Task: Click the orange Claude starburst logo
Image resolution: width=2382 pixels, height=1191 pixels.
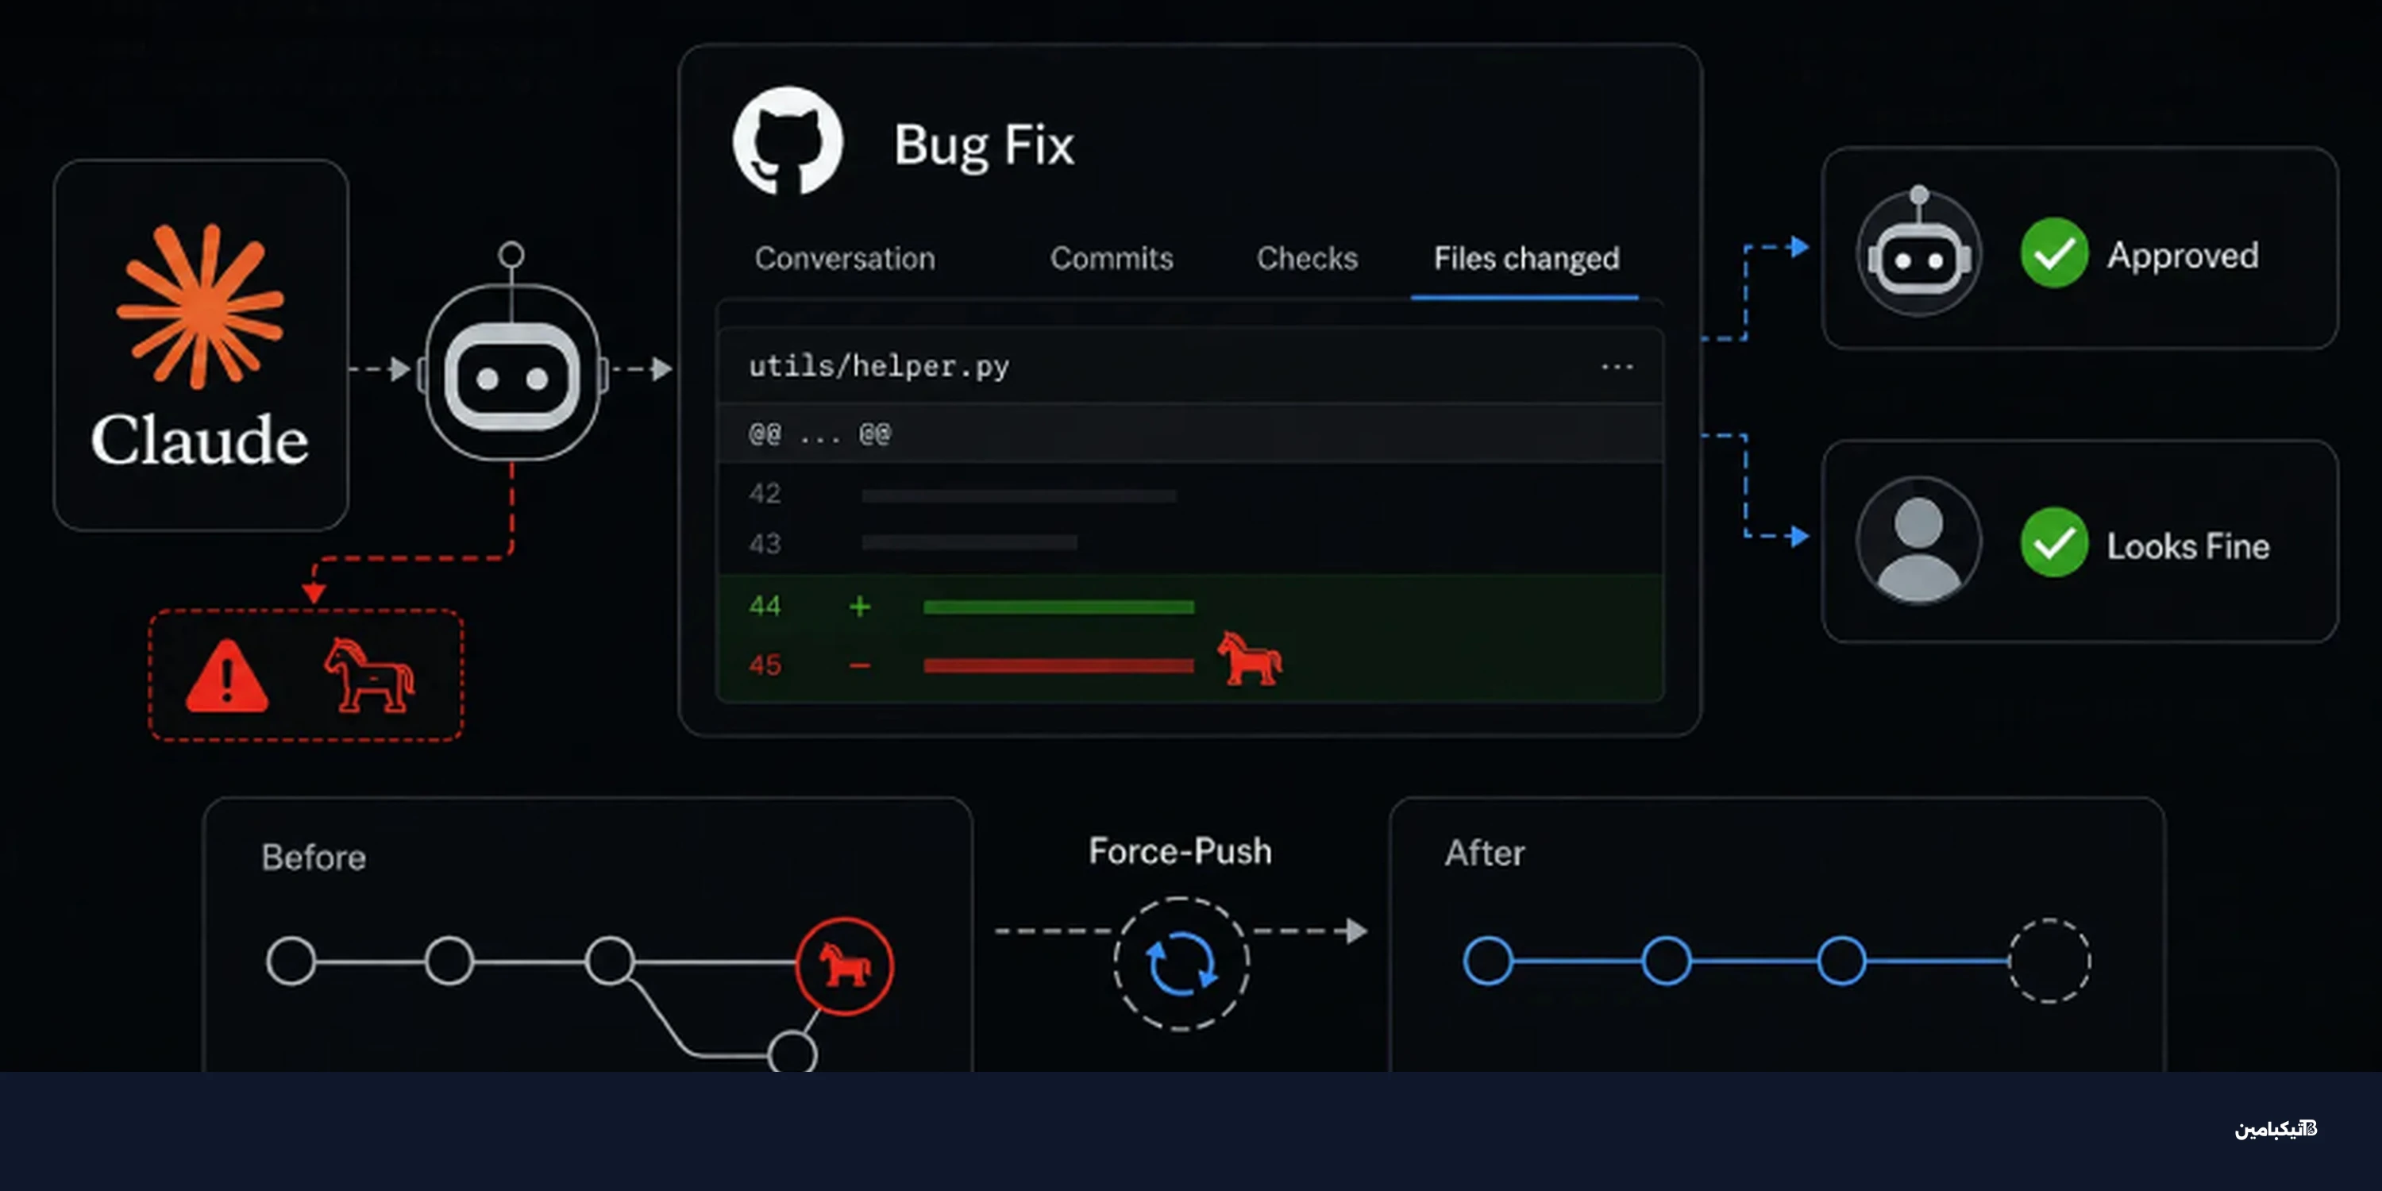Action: tap(201, 306)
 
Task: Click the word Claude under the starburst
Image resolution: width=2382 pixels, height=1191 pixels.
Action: tap(200, 440)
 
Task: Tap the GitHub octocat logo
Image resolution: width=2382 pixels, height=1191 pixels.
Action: tap(788, 141)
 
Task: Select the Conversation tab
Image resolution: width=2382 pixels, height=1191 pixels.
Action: tap(844, 258)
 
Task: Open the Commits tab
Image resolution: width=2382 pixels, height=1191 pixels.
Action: tap(1112, 258)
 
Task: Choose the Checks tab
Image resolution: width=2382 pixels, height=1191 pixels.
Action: tap(1307, 258)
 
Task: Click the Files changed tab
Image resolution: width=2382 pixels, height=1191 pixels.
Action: tap(1526, 259)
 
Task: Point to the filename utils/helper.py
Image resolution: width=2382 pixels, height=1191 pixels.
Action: tap(878, 366)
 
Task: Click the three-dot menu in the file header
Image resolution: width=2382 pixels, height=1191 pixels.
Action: tap(1617, 367)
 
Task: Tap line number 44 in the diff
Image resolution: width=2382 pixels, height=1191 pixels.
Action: tap(765, 607)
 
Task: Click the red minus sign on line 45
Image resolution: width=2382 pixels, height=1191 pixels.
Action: tap(860, 666)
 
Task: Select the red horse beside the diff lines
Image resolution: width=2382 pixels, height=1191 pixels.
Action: tap(1249, 658)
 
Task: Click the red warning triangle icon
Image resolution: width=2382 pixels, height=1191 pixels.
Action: tap(226, 676)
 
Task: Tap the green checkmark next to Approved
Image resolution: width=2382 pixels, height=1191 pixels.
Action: tap(2054, 253)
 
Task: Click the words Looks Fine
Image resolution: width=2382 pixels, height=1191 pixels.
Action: tap(2187, 546)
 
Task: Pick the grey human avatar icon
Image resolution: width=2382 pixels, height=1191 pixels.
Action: tap(1919, 540)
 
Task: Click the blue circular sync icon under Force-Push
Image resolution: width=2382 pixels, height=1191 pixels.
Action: tap(1181, 964)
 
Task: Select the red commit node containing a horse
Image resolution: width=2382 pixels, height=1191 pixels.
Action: tap(844, 966)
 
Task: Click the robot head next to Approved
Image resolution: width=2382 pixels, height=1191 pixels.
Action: tap(1919, 253)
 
